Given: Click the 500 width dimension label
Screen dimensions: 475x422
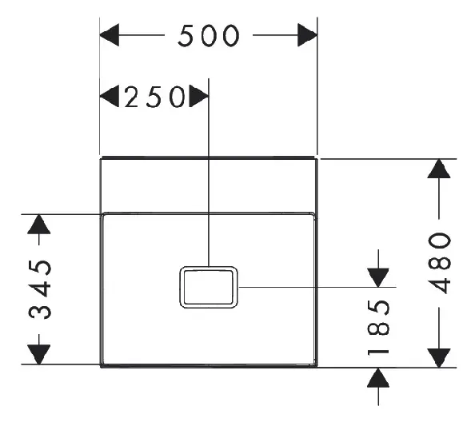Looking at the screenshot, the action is coord(209,36).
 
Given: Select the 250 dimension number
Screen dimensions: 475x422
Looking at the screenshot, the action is coord(155,97).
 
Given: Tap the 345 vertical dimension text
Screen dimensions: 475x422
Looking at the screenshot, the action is coord(40,289).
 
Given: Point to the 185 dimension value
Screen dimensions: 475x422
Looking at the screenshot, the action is coord(378,327).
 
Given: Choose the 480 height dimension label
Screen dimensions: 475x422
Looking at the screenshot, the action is coord(440,263).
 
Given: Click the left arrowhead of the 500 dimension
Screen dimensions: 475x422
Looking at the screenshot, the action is coord(110,35).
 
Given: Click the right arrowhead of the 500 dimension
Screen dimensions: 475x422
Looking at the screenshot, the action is coord(308,35).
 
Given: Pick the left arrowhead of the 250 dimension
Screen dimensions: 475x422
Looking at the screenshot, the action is coord(110,96).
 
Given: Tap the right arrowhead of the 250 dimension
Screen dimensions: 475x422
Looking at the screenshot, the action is coord(199,96).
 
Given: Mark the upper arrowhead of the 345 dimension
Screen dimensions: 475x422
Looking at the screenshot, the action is coord(38,224).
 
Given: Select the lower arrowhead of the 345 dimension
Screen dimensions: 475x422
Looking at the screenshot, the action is coord(38,355).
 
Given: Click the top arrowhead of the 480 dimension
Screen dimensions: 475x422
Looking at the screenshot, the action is coord(439,169).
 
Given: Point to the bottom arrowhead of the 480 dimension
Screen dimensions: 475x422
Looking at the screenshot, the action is coord(439,358).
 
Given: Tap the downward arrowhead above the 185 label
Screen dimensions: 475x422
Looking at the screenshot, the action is coord(378,277).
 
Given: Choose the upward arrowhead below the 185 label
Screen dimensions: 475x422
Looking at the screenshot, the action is coord(378,377).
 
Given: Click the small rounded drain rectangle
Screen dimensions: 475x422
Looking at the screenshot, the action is coord(209,267).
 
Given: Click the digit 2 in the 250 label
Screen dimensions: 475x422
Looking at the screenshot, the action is coord(131,97).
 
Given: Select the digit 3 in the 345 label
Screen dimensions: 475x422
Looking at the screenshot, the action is coord(40,312).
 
